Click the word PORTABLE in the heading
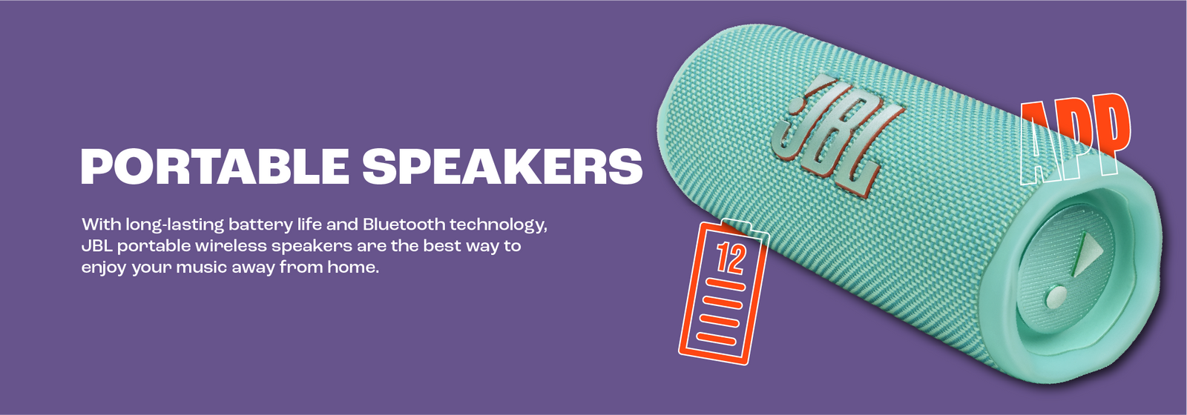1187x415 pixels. coord(214,166)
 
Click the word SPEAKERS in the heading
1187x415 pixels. coord(502,166)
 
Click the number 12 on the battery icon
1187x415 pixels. coord(731,259)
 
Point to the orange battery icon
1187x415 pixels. coord(724,292)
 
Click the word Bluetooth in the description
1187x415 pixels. coord(404,225)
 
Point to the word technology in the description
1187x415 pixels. coord(498,226)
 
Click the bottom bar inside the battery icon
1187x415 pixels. coord(716,338)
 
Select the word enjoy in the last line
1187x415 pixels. coord(104,268)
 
